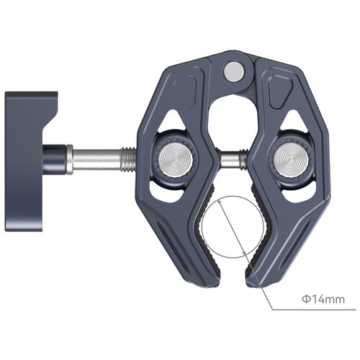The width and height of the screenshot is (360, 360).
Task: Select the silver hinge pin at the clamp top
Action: [x=233, y=71]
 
